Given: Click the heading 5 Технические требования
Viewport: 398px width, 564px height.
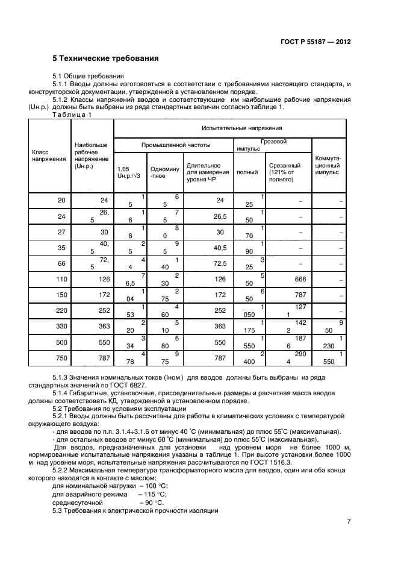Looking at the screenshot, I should [105, 58].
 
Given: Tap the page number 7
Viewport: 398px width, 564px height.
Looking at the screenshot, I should [349, 522].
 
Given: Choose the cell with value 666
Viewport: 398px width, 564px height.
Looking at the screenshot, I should [288, 278].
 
